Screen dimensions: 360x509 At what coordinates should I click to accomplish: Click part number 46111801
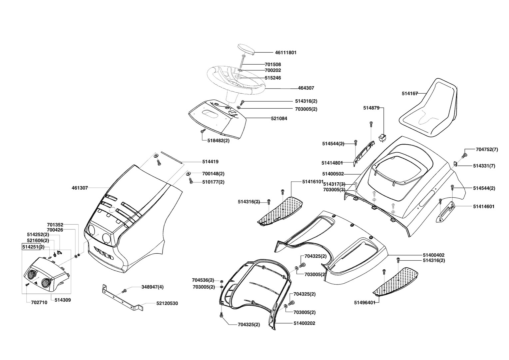point(285,53)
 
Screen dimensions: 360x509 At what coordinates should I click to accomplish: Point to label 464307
point(306,88)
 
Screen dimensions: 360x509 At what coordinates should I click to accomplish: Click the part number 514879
point(371,108)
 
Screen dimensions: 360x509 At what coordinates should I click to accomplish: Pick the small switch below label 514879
point(382,137)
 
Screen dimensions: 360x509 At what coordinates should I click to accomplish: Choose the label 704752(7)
point(487,150)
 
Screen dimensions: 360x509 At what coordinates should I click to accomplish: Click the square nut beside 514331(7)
point(455,163)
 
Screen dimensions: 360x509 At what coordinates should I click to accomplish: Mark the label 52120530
point(167,304)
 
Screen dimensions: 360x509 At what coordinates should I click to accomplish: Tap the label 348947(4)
point(152,287)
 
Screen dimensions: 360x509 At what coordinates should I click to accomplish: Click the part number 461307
point(80,188)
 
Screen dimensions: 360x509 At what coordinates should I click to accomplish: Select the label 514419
point(210,162)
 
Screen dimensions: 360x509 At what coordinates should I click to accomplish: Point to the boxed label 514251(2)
point(33,247)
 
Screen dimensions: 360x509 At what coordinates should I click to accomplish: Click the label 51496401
point(364,303)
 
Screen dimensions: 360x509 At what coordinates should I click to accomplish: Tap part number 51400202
point(304,323)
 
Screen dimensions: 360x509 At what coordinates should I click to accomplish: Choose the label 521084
point(279,119)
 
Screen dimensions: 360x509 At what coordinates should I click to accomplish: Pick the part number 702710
point(39,303)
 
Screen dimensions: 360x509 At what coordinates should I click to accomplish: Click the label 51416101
point(313,182)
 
